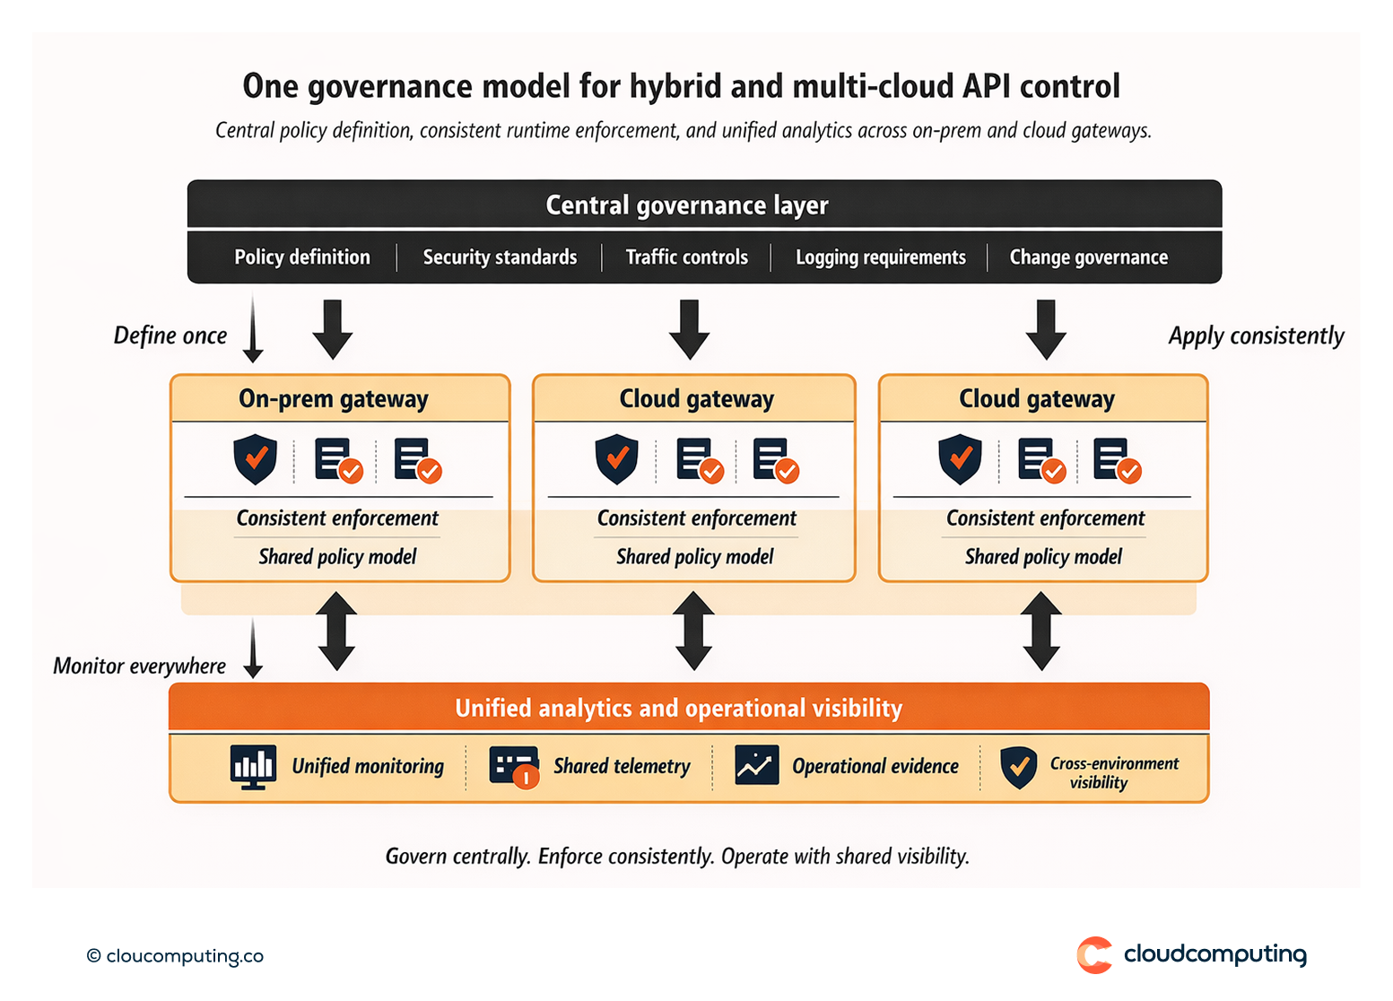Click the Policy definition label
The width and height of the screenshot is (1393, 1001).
tap(302, 257)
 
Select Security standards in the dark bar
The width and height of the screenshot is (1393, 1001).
tap(500, 257)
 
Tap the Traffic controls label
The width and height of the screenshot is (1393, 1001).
tap(687, 257)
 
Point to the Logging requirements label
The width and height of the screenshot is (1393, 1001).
tap(881, 257)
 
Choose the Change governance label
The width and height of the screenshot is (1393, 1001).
tap(1089, 257)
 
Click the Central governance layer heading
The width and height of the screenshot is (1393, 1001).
tap(687, 205)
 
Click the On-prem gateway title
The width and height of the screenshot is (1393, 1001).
tap(334, 399)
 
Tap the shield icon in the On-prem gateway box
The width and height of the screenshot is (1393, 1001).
tap(256, 458)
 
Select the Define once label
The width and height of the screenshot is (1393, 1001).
tap(170, 335)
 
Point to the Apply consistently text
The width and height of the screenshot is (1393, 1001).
tap(1256, 335)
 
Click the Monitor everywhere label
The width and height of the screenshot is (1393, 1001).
tap(140, 666)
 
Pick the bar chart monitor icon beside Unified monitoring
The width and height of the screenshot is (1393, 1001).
tap(253, 767)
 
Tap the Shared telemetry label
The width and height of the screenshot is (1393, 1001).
tap(622, 766)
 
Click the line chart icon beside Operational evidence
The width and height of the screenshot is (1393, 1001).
tap(756, 765)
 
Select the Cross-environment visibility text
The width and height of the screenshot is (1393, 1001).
tap(1114, 772)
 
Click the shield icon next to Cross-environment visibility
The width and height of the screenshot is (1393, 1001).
tap(1018, 768)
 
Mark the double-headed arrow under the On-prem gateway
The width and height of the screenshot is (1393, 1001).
tap(337, 631)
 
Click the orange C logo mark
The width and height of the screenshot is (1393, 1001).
tap(1094, 955)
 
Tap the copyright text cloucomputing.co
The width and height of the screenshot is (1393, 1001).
tap(176, 956)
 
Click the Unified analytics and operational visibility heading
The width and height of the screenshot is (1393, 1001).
tap(679, 709)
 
